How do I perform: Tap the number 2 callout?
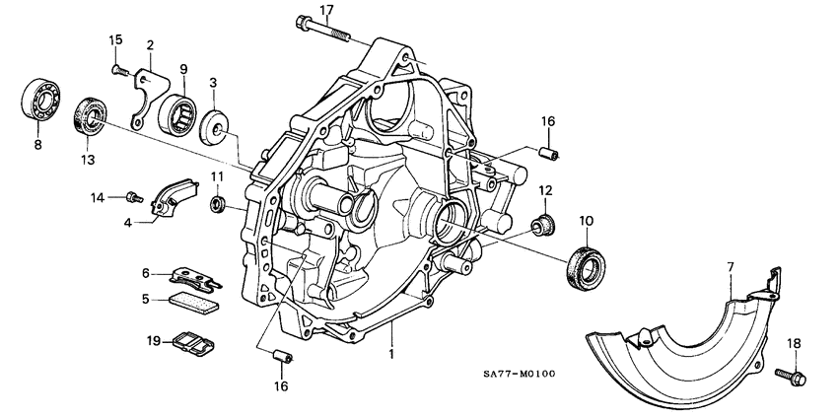pyautogui.click(x=150, y=45)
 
